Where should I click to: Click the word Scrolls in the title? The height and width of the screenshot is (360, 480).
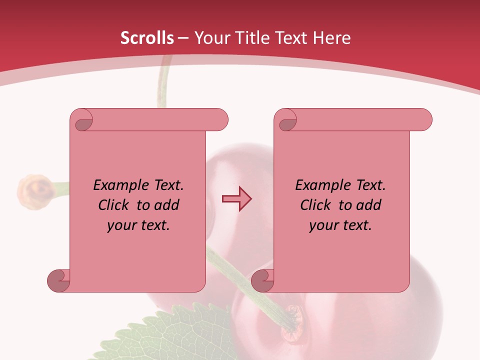(147, 38)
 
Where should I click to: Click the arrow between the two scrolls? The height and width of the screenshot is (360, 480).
(236, 199)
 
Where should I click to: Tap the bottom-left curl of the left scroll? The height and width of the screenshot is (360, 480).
(59, 281)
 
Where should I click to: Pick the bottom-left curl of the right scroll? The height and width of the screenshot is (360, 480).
(263, 281)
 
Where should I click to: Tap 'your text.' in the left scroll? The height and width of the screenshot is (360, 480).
(138, 225)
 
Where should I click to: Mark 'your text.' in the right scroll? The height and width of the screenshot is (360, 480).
(340, 225)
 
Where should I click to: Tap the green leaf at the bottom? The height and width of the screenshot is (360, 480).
(165, 335)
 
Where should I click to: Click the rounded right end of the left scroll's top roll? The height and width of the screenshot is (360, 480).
(220, 120)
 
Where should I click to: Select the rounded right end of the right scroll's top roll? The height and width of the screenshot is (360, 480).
(424, 120)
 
